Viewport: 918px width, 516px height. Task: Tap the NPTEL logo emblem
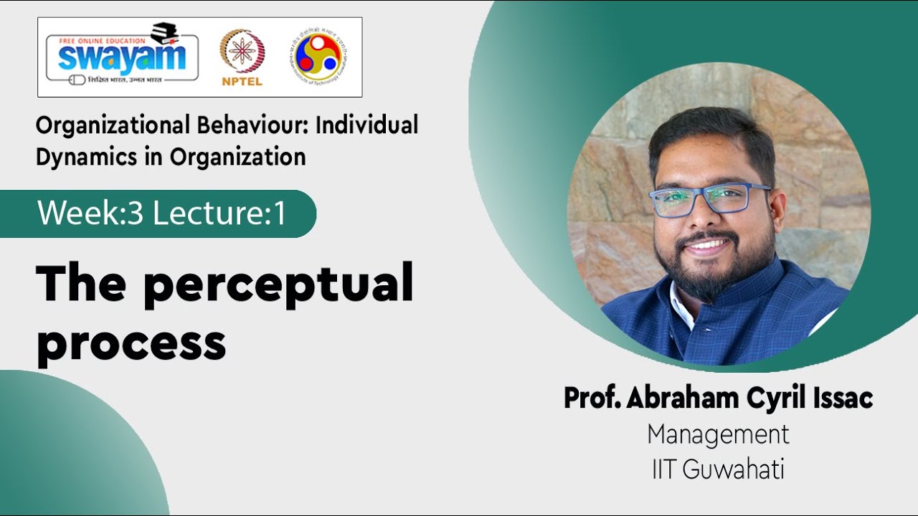pyautogui.click(x=242, y=51)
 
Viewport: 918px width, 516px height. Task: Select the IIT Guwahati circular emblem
pyautogui.click(x=318, y=57)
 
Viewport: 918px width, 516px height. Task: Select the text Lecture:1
pyautogui.click(x=219, y=214)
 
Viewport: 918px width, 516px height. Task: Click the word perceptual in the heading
pyautogui.click(x=278, y=285)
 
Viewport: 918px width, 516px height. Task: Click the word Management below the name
pyautogui.click(x=718, y=434)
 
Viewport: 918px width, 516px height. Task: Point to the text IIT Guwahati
pyautogui.click(x=718, y=469)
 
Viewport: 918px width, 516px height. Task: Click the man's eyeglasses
pyautogui.click(x=710, y=199)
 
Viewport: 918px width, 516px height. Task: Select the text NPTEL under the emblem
pyautogui.click(x=242, y=81)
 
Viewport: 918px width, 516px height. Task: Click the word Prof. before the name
pyautogui.click(x=592, y=398)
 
